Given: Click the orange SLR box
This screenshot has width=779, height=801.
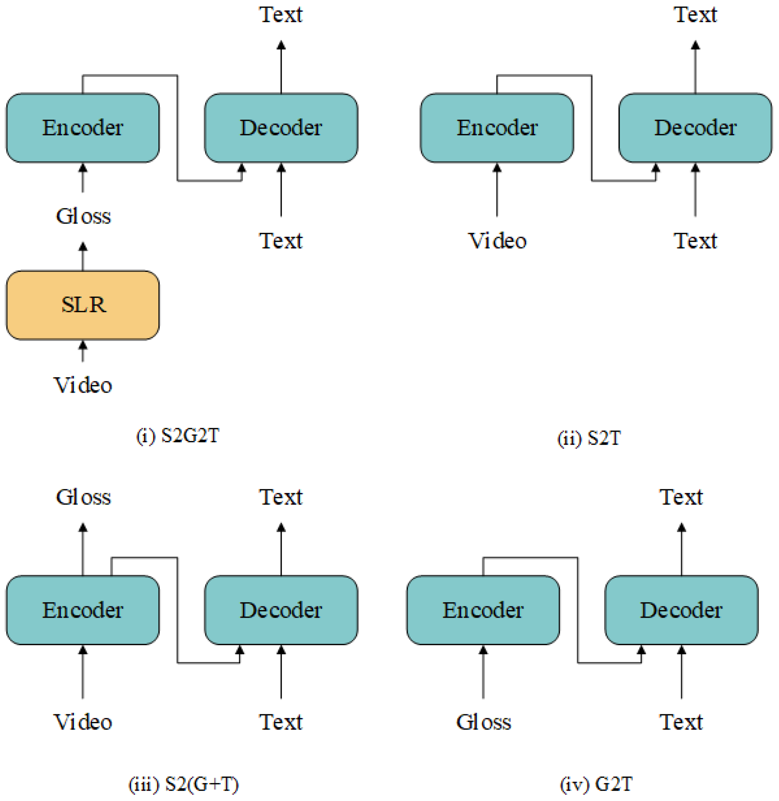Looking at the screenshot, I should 83,305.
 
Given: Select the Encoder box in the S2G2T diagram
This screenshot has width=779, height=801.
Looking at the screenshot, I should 83,128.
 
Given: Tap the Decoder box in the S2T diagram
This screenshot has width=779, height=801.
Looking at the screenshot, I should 695,128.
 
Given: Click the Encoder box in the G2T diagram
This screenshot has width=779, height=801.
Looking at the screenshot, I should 483,610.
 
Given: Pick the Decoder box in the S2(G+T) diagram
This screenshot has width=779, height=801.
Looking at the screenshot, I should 281,610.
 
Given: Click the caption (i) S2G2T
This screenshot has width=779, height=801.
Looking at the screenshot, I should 178,435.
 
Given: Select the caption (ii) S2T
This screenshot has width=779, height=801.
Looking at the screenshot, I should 589,438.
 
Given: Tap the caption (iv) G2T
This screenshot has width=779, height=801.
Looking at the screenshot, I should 596,784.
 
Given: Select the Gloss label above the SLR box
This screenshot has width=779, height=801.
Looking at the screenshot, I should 83,216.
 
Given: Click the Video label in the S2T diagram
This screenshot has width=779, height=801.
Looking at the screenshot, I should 497,241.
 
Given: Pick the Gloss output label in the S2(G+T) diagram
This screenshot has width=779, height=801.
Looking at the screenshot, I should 83,497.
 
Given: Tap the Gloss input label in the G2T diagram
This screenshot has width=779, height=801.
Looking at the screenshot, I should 483,722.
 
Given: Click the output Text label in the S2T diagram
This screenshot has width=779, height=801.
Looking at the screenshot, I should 695,15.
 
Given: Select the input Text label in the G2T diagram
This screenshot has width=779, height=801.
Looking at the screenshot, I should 681,722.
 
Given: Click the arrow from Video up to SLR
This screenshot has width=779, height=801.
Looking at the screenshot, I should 83,351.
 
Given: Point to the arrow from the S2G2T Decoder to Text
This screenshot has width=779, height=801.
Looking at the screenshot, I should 281,68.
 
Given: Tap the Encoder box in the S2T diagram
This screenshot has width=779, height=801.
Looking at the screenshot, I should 497,128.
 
